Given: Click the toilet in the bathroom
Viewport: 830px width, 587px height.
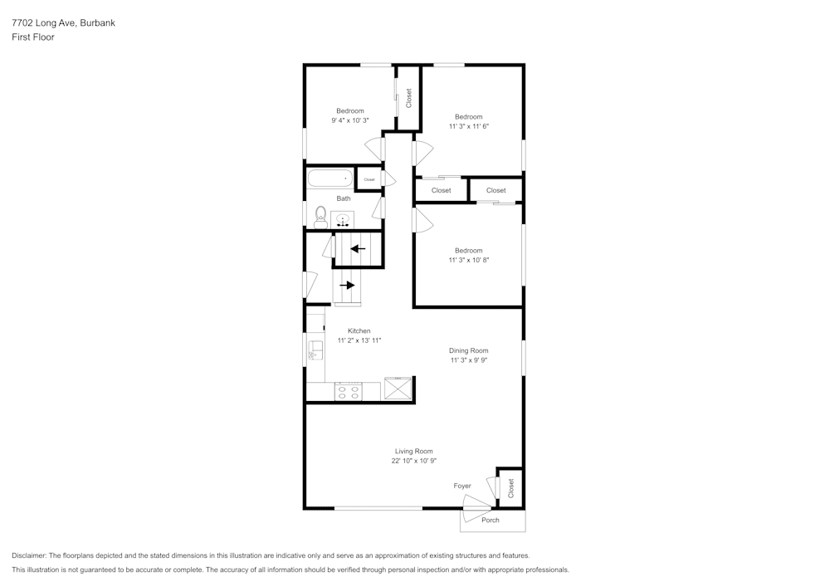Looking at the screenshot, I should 320,218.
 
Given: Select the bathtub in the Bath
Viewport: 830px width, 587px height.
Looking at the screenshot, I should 330,178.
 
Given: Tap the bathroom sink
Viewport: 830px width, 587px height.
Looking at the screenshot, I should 343,220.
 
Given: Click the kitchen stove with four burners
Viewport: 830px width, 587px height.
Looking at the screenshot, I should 349,392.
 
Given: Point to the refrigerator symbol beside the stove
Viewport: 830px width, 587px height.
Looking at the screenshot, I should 398,389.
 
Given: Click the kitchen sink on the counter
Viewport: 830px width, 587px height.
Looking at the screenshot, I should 315,350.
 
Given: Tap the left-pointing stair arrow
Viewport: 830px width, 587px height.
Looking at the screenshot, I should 358,248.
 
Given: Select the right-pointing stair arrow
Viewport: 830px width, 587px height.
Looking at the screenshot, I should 347,285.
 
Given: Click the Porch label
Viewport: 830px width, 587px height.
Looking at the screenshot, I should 491,521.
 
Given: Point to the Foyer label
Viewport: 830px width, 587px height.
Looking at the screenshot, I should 462,486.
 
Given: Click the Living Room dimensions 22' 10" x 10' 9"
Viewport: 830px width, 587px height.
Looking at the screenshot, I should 414,461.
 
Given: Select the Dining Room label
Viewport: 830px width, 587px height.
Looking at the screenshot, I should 469,350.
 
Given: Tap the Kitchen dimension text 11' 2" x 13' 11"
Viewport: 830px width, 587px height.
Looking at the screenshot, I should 359,340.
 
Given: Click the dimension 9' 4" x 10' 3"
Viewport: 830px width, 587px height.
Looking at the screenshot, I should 349,120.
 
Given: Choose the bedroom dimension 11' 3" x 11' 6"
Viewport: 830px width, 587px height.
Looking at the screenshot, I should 468,126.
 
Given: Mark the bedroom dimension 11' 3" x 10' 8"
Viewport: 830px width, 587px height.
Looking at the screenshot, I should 468,260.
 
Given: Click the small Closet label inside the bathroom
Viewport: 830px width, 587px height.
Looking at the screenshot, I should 369,179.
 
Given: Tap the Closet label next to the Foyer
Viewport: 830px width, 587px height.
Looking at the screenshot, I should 510,487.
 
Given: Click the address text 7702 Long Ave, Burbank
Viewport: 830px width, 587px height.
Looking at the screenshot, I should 63,23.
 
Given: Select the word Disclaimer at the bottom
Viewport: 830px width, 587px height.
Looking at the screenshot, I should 29,555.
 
